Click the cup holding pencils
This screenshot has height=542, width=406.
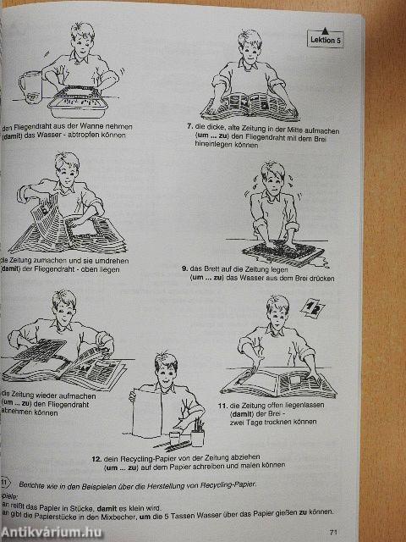pos(197,435)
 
